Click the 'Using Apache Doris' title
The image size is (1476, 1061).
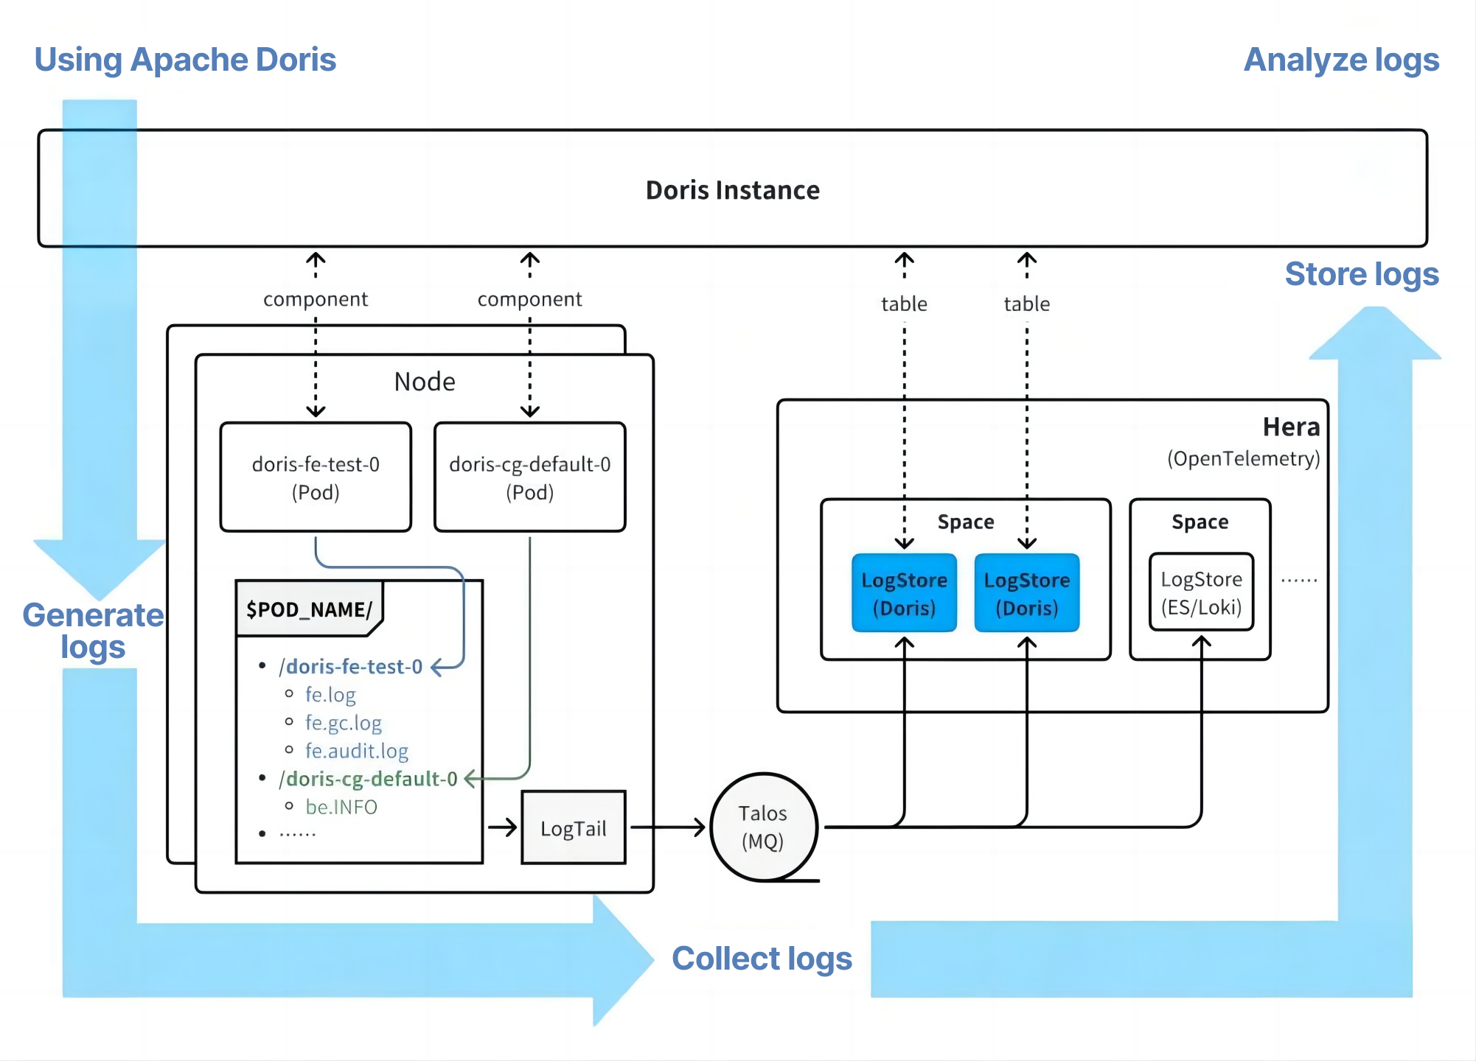[x=185, y=60]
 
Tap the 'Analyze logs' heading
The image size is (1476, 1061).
[x=1341, y=60]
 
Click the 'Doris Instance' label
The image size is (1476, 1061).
[x=732, y=190]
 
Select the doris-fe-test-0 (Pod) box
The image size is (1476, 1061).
[x=316, y=477]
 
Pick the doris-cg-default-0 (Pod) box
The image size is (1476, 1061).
[x=529, y=477]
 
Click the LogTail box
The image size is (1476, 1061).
[x=573, y=828]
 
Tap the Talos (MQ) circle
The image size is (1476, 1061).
[x=763, y=827]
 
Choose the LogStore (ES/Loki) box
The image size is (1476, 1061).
[x=1201, y=592]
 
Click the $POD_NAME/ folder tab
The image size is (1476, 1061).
[x=309, y=609]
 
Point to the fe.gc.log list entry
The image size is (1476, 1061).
[x=344, y=723]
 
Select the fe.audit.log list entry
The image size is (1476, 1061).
[x=357, y=751]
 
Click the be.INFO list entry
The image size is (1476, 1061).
[x=341, y=807]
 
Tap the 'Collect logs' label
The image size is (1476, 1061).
[x=762, y=959]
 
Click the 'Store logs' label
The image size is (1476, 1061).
[x=1361, y=274]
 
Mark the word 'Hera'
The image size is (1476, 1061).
[x=1291, y=427]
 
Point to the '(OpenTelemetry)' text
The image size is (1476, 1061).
[x=1243, y=459]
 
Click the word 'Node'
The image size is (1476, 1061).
[x=425, y=382]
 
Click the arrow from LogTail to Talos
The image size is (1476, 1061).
[x=667, y=827]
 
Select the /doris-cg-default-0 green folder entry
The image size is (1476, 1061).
[x=368, y=779]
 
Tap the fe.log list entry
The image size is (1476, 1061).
[x=330, y=695]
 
